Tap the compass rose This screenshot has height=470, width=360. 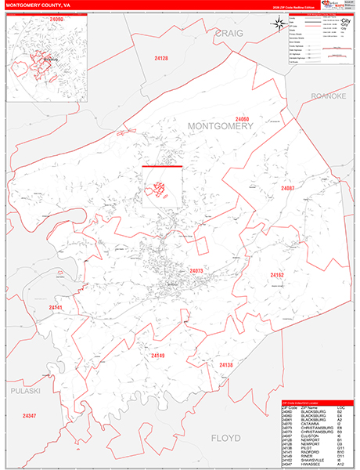279,23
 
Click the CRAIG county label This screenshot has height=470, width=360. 229,33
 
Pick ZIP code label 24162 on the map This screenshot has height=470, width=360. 279,276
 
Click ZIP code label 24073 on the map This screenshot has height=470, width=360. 196,271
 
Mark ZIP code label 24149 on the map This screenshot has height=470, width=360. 159,356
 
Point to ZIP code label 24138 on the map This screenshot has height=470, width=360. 225,365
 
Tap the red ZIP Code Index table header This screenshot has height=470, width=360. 317,403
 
